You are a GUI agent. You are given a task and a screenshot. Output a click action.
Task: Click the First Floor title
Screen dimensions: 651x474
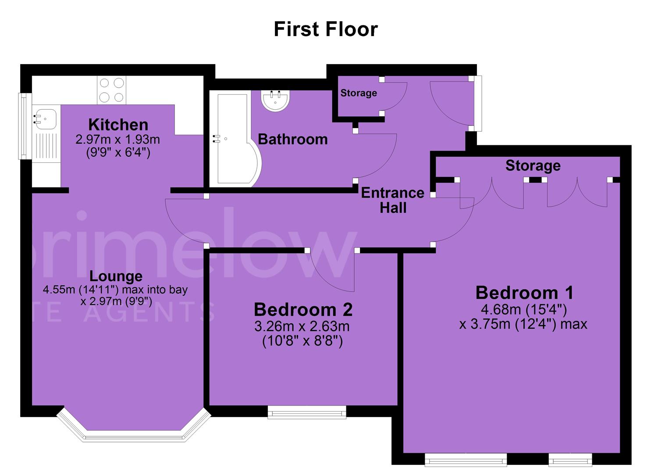[x=326, y=29]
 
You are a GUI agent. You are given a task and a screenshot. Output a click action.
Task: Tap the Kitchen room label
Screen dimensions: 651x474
[x=118, y=125]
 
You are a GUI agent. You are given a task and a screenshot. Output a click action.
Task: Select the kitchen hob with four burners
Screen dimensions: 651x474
[x=112, y=90]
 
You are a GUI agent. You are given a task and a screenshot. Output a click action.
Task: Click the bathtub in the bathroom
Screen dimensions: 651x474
[x=235, y=139]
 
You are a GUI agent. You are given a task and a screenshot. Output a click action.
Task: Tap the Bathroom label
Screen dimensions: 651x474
[x=293, y=140]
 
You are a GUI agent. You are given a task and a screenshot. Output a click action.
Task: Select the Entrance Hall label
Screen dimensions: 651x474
[x=393, y=201]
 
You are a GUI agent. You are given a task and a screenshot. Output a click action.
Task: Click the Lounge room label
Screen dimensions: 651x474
[x=116, y=276]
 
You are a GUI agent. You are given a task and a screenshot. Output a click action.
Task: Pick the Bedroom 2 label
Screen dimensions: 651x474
[x=303, y=309]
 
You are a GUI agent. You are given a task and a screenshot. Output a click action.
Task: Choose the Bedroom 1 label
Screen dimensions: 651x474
[x=524, y=293]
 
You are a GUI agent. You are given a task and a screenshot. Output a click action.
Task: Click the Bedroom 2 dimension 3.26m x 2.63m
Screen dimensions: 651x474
[x=302, y=327]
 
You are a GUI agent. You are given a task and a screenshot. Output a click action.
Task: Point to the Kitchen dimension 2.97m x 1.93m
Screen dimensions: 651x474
[x=117, y=140]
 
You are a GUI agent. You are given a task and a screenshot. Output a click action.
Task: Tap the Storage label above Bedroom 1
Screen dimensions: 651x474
[x=533, y=166]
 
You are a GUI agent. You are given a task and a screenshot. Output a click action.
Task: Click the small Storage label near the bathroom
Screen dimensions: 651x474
[x=359, y=93]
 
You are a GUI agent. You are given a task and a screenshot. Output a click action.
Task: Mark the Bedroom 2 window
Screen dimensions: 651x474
[x=307, y=412]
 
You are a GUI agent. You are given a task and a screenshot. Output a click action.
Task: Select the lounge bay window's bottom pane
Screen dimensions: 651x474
[x=134, y=437]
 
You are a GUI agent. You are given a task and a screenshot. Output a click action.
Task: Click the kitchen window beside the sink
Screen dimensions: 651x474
[x=22, y=126]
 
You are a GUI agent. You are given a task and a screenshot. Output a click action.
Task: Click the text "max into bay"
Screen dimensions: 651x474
[x=155, y=290]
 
